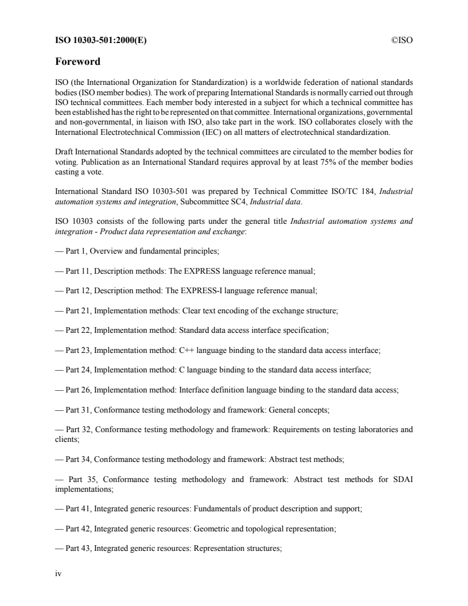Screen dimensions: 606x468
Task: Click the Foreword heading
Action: point(77,61)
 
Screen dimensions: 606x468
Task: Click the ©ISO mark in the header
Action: point(402,40)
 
